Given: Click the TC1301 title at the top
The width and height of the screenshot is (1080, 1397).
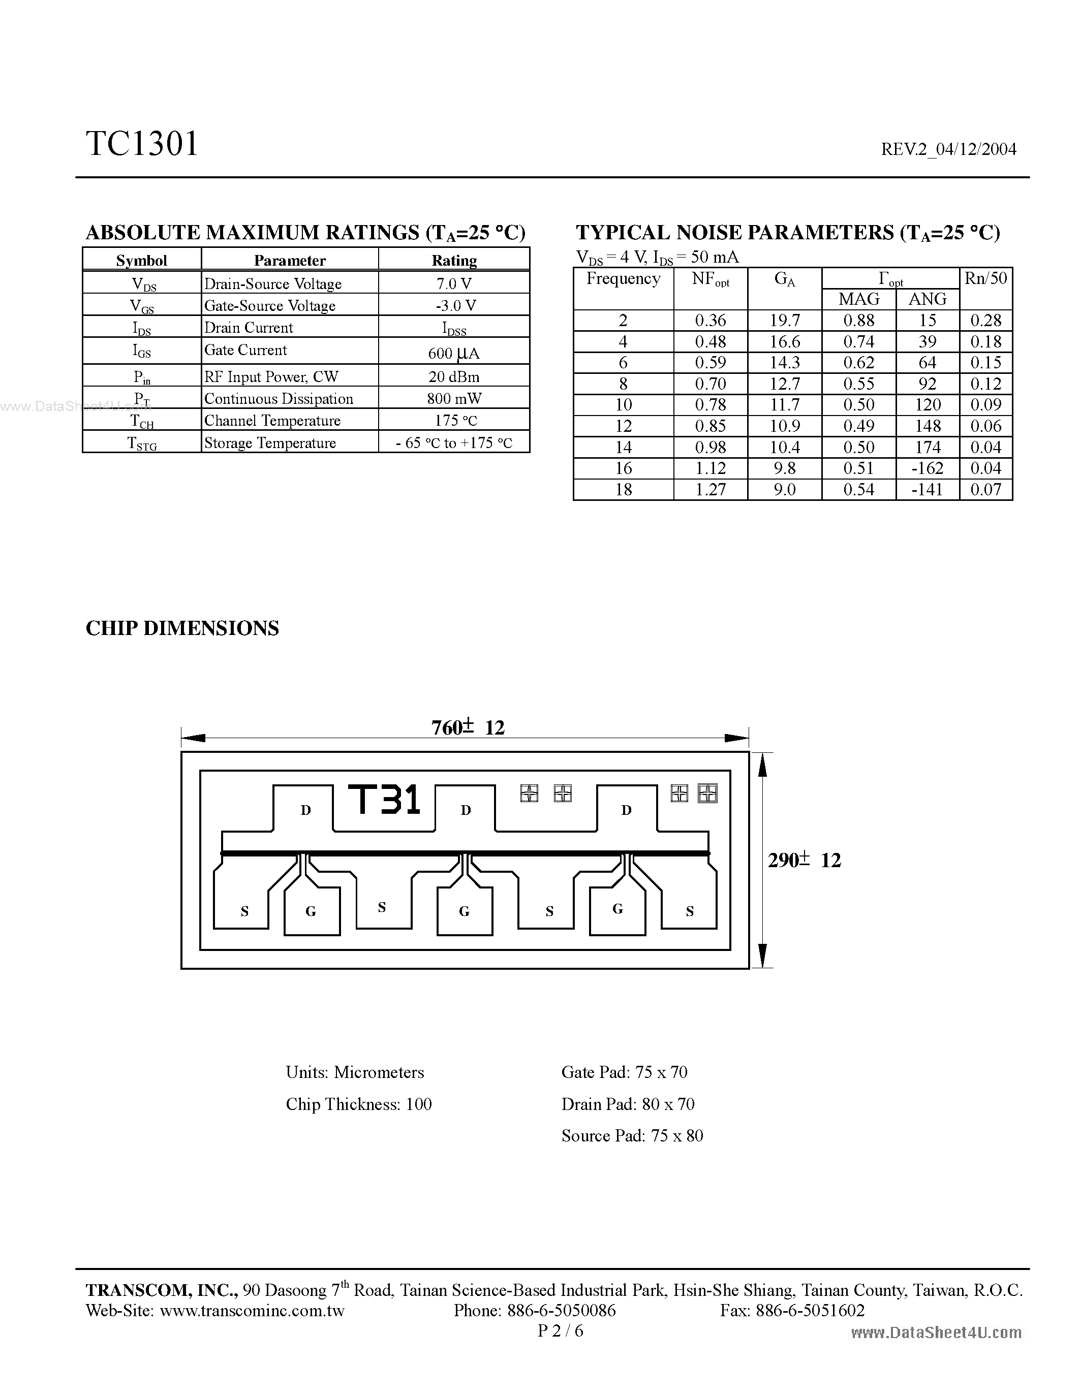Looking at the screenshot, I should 142,144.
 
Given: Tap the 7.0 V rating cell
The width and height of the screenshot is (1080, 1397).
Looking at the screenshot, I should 454,283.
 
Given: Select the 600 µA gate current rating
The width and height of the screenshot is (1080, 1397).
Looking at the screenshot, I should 454,353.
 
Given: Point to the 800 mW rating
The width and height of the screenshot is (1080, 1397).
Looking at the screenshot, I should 454,398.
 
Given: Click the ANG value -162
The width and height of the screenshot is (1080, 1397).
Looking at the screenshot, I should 927,468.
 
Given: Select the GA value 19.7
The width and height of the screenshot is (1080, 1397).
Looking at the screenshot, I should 784,321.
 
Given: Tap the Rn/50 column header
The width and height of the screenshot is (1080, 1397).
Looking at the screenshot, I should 986,278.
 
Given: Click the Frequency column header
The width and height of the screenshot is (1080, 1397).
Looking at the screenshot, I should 623,279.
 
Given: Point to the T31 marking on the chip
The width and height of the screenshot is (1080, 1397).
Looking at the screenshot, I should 384,800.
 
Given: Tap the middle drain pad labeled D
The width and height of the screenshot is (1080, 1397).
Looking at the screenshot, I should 466,810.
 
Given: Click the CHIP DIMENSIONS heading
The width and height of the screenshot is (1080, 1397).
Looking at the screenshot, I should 182,628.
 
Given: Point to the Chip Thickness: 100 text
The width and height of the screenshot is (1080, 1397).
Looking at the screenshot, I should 359,1104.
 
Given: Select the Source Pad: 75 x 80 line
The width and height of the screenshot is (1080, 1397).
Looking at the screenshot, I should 632,1135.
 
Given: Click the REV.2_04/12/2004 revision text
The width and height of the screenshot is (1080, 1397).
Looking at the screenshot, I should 948,149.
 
